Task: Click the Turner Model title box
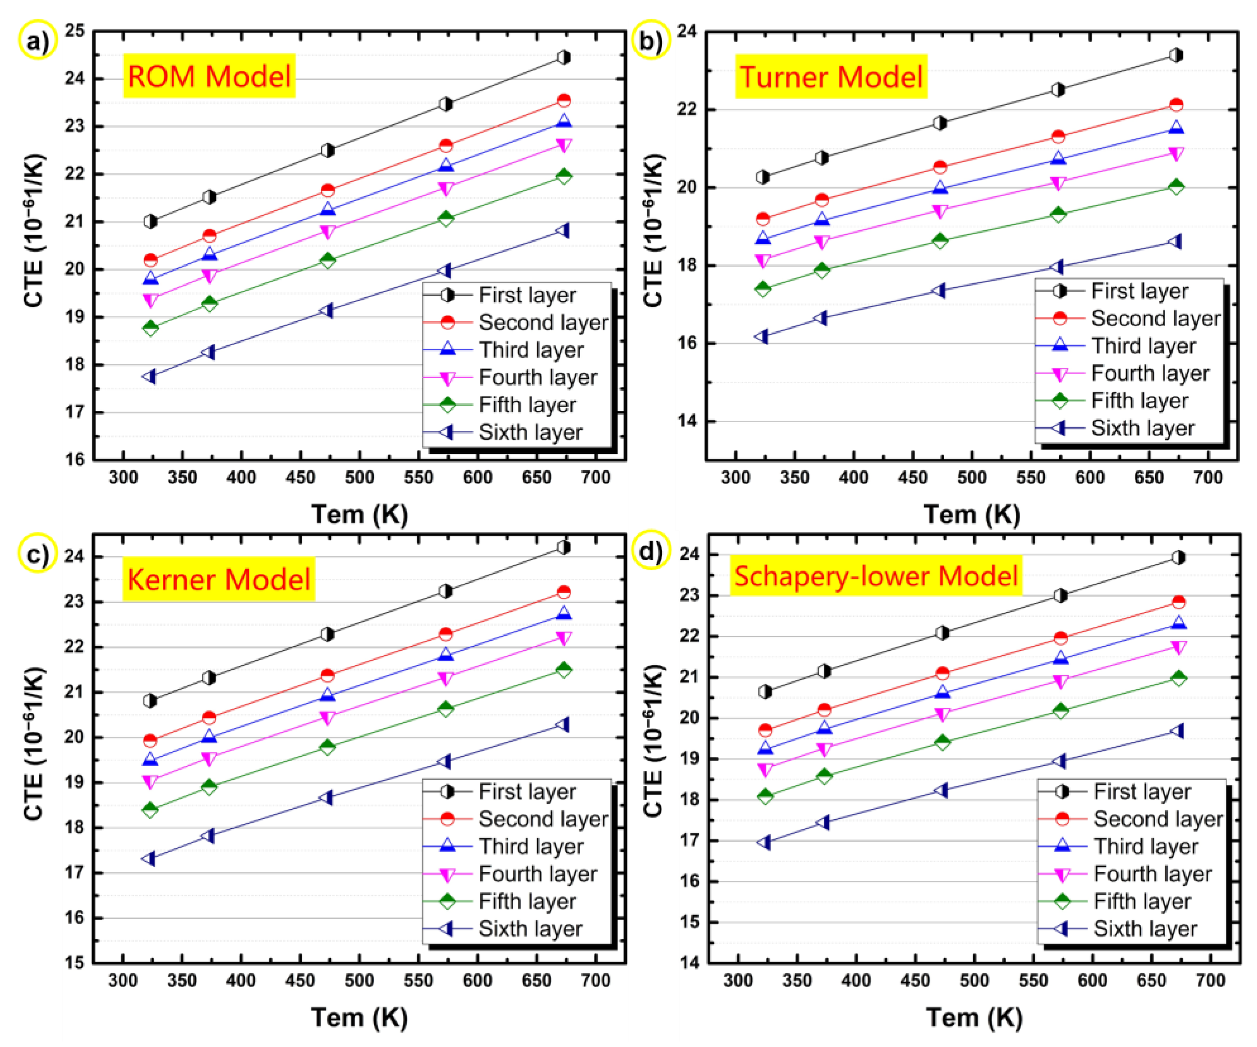[831, 77]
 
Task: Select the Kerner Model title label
[218, 579]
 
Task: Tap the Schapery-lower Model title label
[875, 575]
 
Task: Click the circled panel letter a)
[37, 41]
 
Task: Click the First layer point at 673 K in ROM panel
[563, 58]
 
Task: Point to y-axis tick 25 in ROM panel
[75, 31]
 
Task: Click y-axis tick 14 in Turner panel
[688, 421]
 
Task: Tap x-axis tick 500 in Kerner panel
[359, 980]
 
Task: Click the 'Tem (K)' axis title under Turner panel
[972, 514]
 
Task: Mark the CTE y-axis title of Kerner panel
[34, 742]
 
